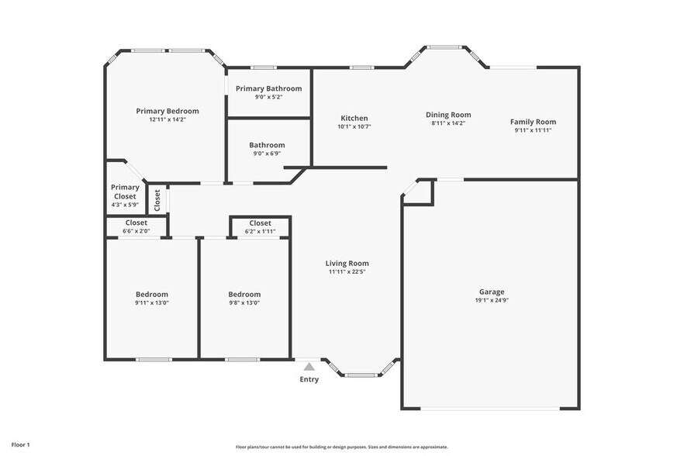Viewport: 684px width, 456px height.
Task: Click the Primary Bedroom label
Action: [x=168, y=111]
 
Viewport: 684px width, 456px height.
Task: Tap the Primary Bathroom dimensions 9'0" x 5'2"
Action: [x=268, y=97]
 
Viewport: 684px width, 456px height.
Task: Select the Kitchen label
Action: [x=354, y=118]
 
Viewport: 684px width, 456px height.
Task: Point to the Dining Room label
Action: [x=448, y=115]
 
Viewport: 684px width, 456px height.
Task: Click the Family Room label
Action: [x=533, y=122]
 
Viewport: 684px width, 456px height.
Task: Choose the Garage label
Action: [x=490, y=292]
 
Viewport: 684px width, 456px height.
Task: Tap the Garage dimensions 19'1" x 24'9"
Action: [x=490, y=301]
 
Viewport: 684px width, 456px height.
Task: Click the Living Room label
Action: [x=347, y=263]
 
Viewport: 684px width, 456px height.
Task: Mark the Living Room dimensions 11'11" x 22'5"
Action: [x=347, y=271]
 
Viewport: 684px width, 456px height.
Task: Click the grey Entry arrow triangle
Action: [x=309, y=367]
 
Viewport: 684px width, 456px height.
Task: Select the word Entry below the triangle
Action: [x=309, y=379]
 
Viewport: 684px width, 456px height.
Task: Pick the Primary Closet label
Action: [x=125, y=192]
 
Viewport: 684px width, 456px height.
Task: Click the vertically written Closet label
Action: [x=157, y=200]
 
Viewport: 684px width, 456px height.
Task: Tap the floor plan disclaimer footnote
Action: [x=341, y=447]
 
